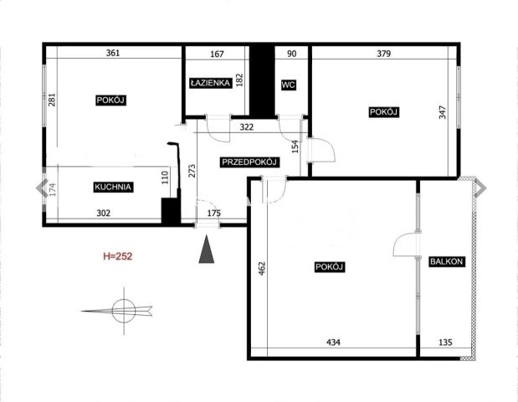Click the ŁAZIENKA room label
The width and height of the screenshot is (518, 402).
(x=210, y=83)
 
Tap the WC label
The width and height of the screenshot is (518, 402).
(x=288, y=85)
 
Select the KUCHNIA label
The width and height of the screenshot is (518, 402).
(x=113, y=187)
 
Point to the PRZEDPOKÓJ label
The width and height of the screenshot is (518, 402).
(x=249, y=162)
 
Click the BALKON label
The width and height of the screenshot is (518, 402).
(x=446, y=261)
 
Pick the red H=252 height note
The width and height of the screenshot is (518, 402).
(x=118, y=256)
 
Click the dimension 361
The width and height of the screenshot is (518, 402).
(x=113, y=53)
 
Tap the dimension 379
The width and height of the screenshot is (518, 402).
(x=383, y=54)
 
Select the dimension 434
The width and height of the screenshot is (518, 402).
(x=333, y=343)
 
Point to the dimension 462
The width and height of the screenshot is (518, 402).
(x=262, y=269)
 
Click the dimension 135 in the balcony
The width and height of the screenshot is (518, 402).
(x=445, y=343)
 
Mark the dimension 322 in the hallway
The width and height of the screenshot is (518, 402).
(x=246, y=127)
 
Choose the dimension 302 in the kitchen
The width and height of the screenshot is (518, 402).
(x=104, y=214)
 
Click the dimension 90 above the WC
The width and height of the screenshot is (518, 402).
(x=292, y=54)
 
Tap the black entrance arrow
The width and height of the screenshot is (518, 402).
(x=207, y=249)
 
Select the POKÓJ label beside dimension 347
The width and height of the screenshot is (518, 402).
(x=383, y=112)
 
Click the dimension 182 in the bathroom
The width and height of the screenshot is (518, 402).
(x=240, y=80)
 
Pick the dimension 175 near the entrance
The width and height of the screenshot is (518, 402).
(x=213, y=214)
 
